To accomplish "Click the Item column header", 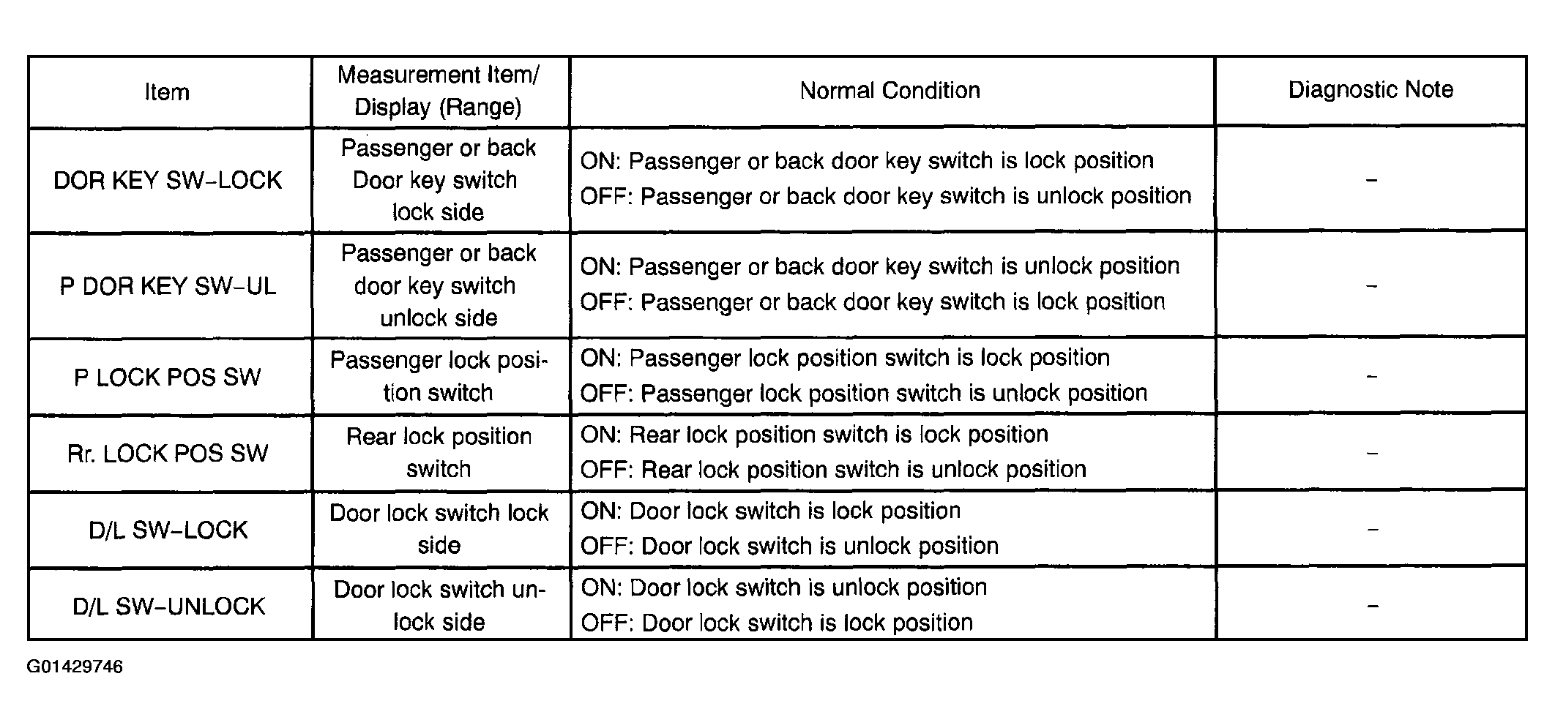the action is pos(167,91).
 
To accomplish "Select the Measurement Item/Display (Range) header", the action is pos(439,91).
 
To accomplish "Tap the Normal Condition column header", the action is pos(890,90).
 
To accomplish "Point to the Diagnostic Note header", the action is pos(1371,89).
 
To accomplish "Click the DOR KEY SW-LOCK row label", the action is pos(168,180).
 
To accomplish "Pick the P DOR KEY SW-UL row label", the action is pos(168,285).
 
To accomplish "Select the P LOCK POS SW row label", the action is pos(168,377).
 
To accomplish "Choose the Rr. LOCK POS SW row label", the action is pos(168,453).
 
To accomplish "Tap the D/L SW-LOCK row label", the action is pos(168,530).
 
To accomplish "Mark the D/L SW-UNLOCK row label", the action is pos(168,606).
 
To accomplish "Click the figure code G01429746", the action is pos(75,667).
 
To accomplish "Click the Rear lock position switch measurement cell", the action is pos(439,452).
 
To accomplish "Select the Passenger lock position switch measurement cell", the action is pos(439,376).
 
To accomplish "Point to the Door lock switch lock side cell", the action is pos(439,528).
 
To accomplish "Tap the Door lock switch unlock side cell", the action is pos(439,605).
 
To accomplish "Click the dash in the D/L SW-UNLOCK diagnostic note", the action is pos(1372,606).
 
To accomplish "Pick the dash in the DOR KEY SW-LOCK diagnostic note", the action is pos(1371,180).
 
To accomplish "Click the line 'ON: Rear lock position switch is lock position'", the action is pos(814,435).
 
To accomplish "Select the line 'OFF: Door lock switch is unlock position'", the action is pos(789,546).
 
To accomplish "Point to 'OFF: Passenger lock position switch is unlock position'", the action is pos(864,393).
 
